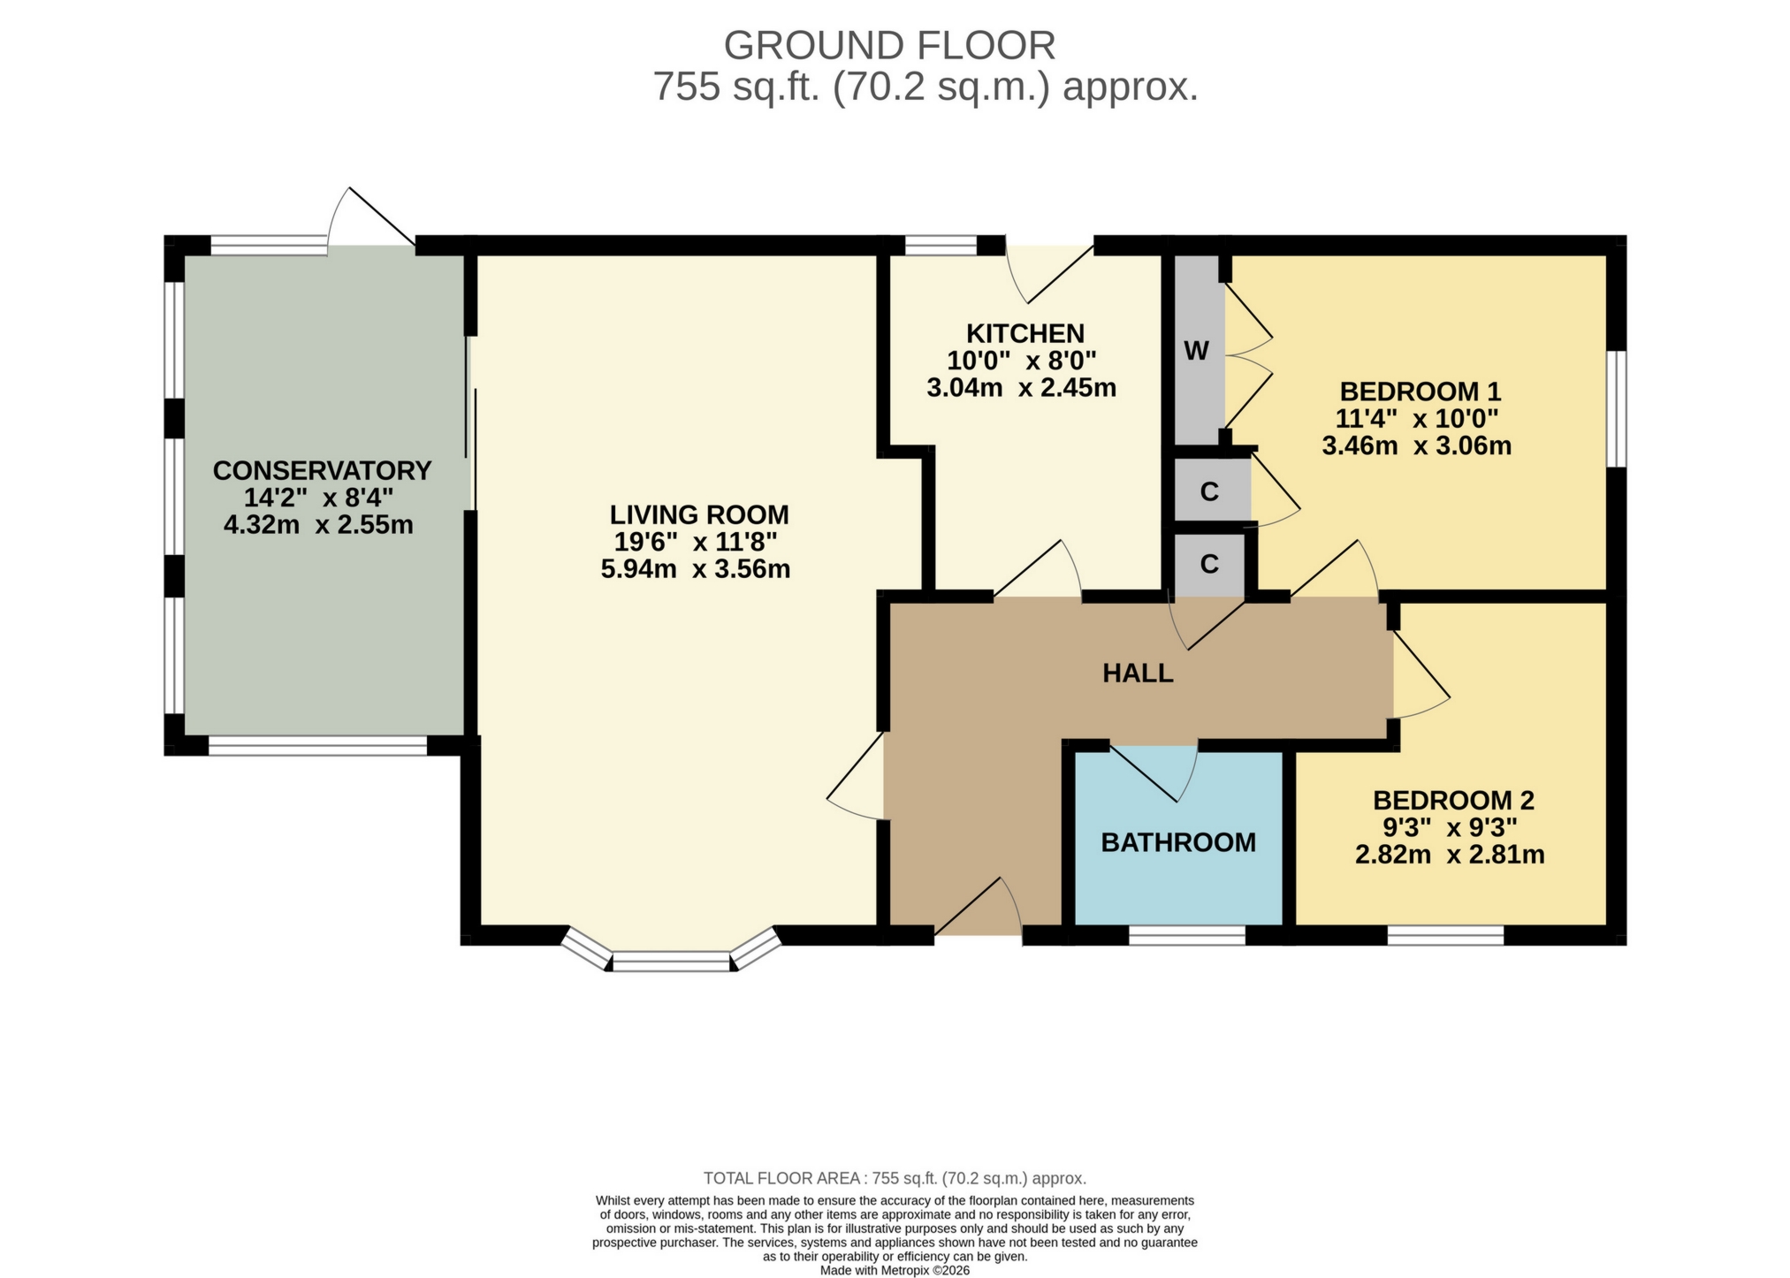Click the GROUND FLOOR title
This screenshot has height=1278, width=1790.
pyautogui.click(x=889, y=46)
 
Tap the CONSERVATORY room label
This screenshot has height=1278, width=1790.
pyautogui.click(x=322, y=470)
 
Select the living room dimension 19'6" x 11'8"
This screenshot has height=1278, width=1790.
pyautogui.click(x=696, y=542)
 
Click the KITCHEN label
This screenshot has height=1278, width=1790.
pyautogui.click(x=1024, y=333)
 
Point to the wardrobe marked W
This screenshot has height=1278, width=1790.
pyautogui.click(x=1196, y=352)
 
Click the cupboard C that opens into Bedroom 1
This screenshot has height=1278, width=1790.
pyautogui.click(x=1209, y=491)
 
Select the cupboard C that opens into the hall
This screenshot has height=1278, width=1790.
pyautogui.click(x=1208, y=564)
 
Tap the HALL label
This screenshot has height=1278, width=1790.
pyautogui.click(x=1138, y=673)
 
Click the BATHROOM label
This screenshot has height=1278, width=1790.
pyautogui.click(x=1178, y=843)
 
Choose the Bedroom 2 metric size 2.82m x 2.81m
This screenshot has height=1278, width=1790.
pyautogui.click(x=1450, y=856)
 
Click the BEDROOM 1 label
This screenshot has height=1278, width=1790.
pyautogui.click(x=1420, y=391)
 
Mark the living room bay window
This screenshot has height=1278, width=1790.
pyautogui.click(x=672, y=960)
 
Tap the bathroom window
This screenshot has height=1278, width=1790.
pyautogui.click(x=1187, y=935)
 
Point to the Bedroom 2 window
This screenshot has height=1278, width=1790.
pyautogui.click(x=1444, y=935)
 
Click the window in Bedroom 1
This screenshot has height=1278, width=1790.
pyautogui.click(x=1616, y=408)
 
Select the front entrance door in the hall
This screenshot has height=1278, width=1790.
pyautogui.click(x=978, y=910)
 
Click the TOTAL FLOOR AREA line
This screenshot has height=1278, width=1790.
pyautogui.click(x=894, y=1178)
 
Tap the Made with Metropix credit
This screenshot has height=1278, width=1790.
pyautogui.click(x=894, y=1270)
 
